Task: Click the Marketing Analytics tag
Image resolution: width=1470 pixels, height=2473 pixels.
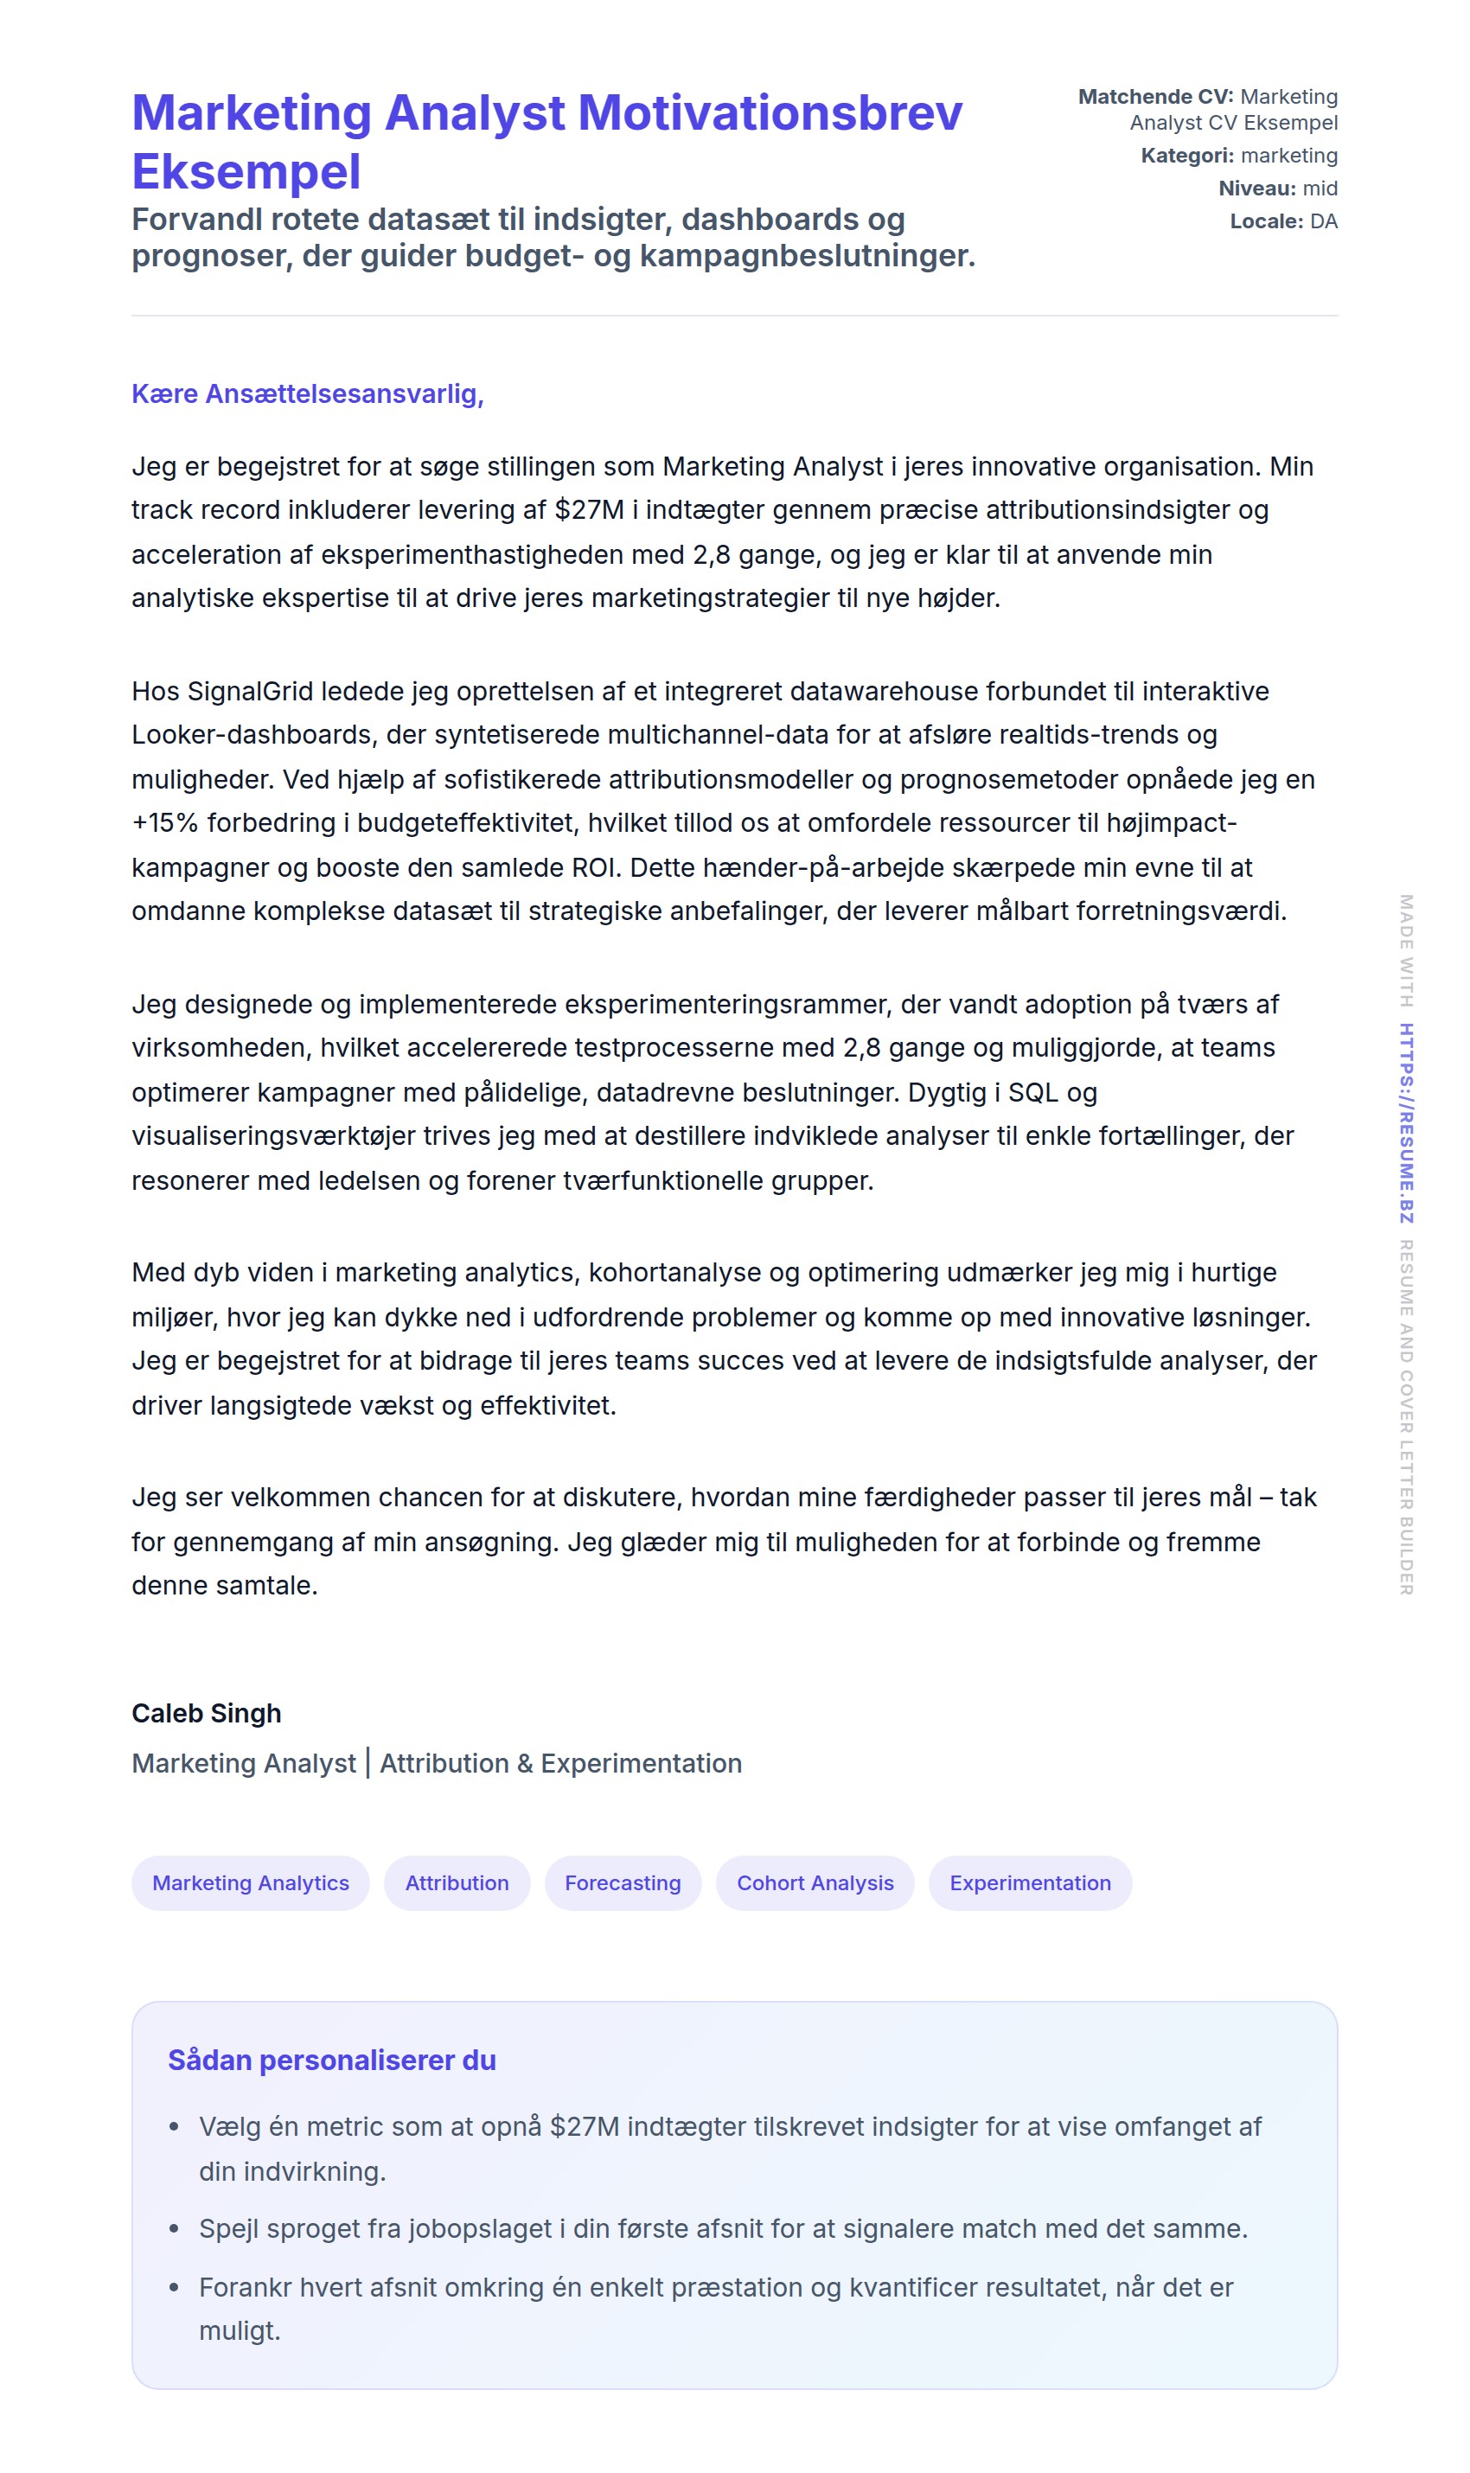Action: tap(251, 1882)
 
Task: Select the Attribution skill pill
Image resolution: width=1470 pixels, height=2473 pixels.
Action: tap(457, 1882)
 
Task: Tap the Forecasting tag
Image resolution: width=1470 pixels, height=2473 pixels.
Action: tap(622, 1882)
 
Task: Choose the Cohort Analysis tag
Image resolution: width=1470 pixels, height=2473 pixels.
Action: tap(815, 1882)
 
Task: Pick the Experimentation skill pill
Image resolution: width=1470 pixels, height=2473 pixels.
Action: tap(1029, 1882)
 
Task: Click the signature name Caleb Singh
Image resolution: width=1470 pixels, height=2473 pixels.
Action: tap(206, 1713)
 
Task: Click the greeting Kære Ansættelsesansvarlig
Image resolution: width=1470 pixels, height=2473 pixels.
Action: tap(307, 394)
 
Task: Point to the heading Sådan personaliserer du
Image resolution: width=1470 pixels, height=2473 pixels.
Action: tap(332, 2060)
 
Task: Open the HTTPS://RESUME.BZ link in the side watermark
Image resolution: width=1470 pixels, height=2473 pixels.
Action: tap(1406, 1122)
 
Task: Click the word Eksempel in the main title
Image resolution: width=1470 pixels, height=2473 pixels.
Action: tap(246, 171)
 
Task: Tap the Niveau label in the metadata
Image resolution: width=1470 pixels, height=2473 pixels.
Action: tap(1256, 189)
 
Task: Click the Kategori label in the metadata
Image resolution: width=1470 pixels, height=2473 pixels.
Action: tap(1186, 156)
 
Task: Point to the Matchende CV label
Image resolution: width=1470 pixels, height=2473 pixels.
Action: tap(1155, 97)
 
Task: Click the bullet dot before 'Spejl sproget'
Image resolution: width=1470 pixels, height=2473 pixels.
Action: tap(175, 2229)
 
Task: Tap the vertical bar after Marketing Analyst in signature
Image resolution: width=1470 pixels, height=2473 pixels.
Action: tap(367, 1763)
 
